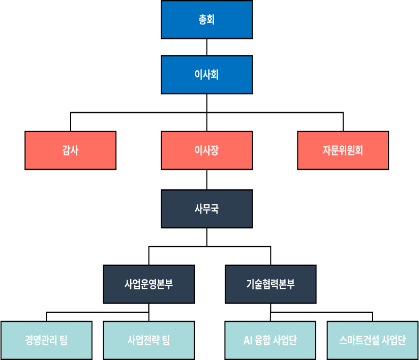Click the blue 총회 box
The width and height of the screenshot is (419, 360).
(x=206, y=19)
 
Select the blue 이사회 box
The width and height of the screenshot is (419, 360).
(x=206, y=75)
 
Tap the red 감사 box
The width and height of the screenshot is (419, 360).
(x=70, y=151)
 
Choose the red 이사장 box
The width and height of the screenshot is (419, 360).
(x=206, y=151)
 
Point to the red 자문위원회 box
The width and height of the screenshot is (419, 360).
(x=343, y=151)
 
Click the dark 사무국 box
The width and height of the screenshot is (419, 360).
(x=206, y=209)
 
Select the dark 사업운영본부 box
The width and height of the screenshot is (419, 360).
(x=148, y=284)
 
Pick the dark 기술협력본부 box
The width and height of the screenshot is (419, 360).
(x=271, y=284)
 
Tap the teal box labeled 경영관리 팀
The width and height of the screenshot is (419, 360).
(x=46, y=340)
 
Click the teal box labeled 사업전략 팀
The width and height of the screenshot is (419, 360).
(x=148, y=340)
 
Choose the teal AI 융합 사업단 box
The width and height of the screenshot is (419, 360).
(x=271, y=340)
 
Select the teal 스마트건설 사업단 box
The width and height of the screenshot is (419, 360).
(x=372, y=340)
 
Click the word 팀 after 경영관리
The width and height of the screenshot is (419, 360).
(x=64, y=340)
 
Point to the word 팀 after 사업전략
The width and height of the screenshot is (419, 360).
(x=166, y=340)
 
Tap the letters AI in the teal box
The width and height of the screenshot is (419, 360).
(x=248, y=340)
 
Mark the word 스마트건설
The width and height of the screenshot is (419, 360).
(x=359, y=340)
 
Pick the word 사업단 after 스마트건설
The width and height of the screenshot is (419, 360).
(x=394, y=340)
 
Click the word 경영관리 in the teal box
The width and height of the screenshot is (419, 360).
(x=40, y=340)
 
